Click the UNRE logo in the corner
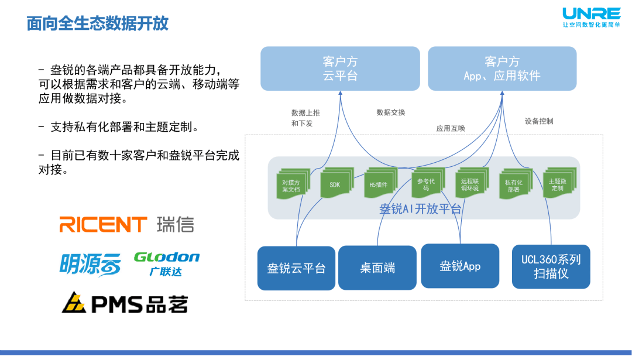click(x=591, y=16)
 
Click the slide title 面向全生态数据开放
click(x=98, y=23)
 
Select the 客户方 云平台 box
click(x=340, y=68)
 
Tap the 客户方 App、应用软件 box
click(x=502, y=68)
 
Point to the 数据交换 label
click(x=391, y=112)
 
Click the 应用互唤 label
click(x=451, y=128)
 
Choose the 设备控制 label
click(x=539, y=121)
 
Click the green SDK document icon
click(x=335, y=184)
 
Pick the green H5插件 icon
click(x=379, y=184)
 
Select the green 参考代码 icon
click(x=426, y=184)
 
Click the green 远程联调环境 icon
click(x=470, y=184)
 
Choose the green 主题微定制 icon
click(x=557, y=184)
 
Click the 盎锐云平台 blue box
click(x=296, y=268)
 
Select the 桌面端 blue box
click(x=377, y=268)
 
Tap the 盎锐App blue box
click(x=460, y=266)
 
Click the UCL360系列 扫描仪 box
click(x=551, y=267)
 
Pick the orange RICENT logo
click(x=103, y=224)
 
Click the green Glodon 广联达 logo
click(x=167, y=263)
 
